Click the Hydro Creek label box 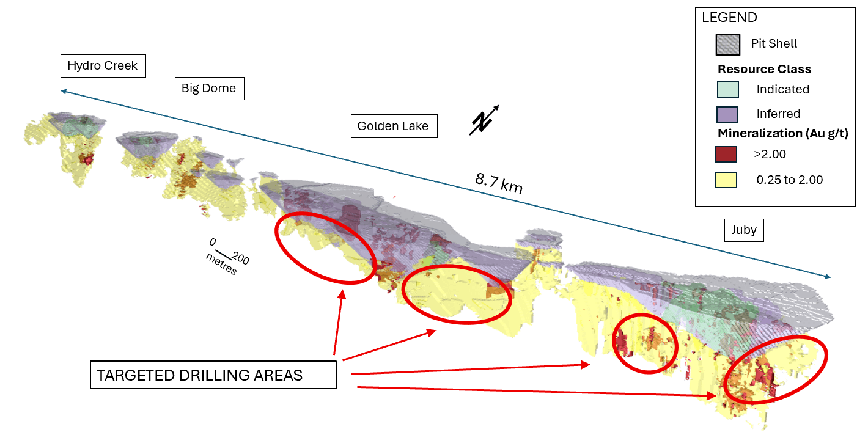click(x=103, y=66)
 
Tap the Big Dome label click(x=208, y=88)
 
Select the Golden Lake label click(x=393, y=126)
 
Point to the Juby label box click(x=743, y=230)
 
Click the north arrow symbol click(x=483, y=120)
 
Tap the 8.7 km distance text click(x=499, y=183)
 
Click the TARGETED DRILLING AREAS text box click(x=213, y=375)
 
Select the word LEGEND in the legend click(x=729, y=17)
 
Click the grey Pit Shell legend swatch click(x=727, y=45)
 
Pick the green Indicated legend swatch click(x=727, y=90)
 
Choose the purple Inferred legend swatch click(x=727, y=114)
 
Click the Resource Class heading click(x=764, y=69)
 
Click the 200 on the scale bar click(x=241, y=260)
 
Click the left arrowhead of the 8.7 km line click(x=62, y=92)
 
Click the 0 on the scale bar click(x=212, y=241)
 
